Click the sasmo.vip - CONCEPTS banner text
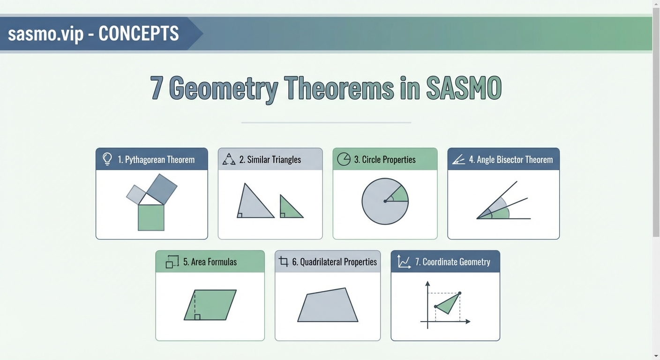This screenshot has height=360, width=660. (93, 34)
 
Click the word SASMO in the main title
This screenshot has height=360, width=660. (464, 88)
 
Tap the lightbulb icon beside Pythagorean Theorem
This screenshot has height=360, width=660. (107, 159)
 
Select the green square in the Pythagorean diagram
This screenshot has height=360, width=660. (151, 218)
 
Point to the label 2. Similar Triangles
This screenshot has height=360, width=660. (270, 159)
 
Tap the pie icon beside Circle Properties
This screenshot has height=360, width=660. (344, 159)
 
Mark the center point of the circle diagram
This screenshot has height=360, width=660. (385, 202)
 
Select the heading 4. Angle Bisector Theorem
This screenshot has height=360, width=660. (510, 159)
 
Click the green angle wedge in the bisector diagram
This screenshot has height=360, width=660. (501, 214)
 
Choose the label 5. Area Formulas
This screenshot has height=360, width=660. (210, 262)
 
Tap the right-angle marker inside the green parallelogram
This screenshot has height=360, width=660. (197, 317)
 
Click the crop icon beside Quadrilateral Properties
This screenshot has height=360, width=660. (284, 262)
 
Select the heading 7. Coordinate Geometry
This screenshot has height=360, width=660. (456, 262)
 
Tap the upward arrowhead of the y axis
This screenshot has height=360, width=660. (427, 284)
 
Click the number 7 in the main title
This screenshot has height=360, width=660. (157, 88)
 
